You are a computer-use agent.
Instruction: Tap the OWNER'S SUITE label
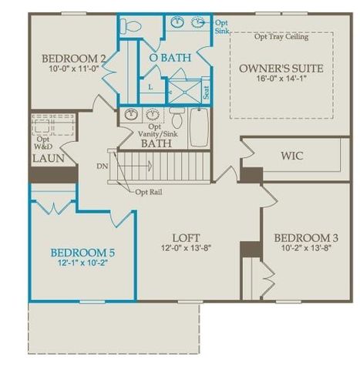click(x=281, y=69)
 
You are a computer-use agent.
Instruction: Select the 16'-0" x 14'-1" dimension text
click(x=281, y=82)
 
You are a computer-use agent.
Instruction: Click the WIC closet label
click(x=292, y=156)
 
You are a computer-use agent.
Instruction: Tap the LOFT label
click(x=183, y=239)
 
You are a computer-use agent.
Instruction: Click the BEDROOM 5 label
click(x=82, y=252)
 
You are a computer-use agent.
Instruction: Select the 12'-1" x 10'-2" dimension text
click(x=82, y=264)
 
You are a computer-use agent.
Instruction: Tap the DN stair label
click(x=102, y=166)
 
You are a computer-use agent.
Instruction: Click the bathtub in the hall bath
click(x=199, y=127)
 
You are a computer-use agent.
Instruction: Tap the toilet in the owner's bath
click(x=132, y=26)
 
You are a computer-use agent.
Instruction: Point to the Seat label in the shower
click(x=206, y=92)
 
